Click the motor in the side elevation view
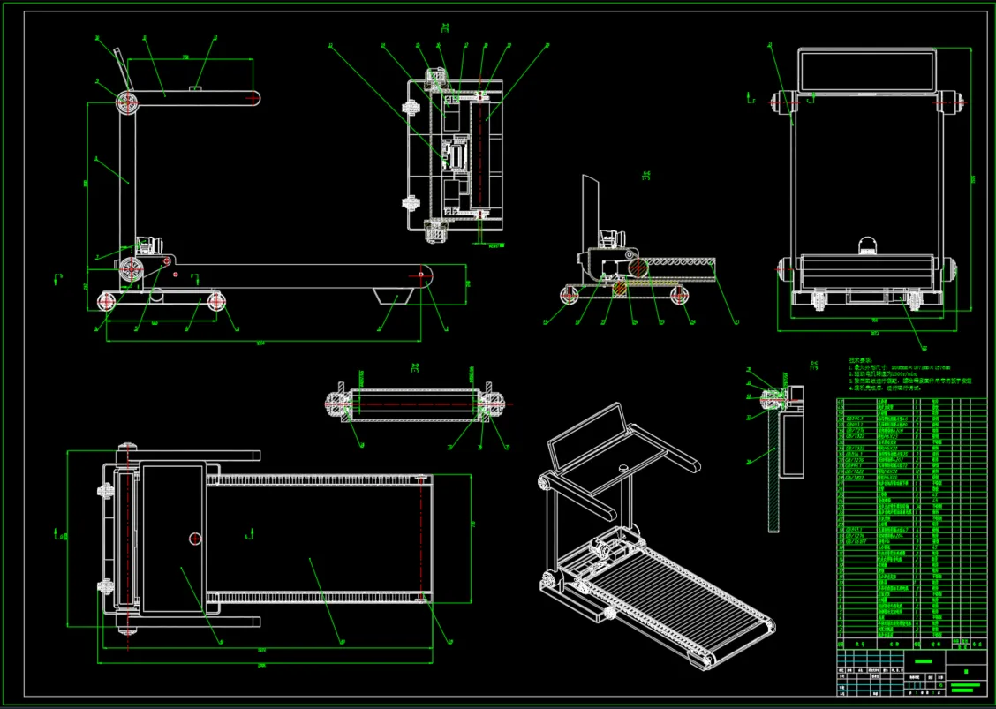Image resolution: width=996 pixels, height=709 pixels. click(x=148, y=244)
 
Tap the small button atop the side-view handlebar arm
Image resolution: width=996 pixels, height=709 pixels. click(x=195, y=87)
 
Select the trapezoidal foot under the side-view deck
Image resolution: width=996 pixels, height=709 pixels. click(x=389, y=296)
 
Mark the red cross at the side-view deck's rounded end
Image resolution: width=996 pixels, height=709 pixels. click(x=421, y=275)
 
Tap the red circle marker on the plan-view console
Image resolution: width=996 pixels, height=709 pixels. click(x=195, y=538)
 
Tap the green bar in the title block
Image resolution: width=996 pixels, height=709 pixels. click(x=924, y=660)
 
